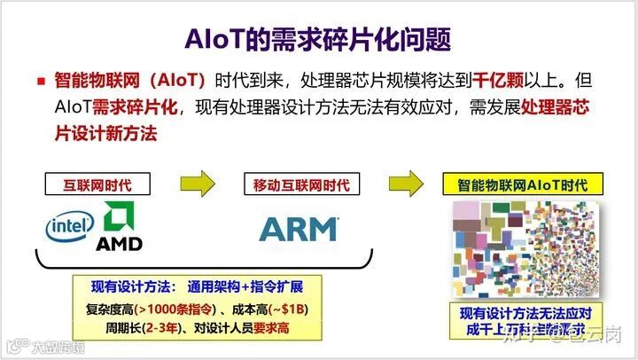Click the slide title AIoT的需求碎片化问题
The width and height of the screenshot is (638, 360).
[x=319, y=38]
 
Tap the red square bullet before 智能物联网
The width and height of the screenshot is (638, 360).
[x=41, y=81]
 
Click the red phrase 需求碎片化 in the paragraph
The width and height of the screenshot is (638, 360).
[x=136, y=108]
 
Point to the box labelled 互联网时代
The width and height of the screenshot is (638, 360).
[x=97, y=185]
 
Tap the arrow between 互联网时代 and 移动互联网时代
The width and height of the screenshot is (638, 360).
[x=197, y=184]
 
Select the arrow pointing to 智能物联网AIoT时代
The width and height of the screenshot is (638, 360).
[x=405, y=184]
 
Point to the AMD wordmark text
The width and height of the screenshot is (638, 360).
[x=119, y=242]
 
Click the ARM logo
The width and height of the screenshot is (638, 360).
[x=298, y=228]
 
